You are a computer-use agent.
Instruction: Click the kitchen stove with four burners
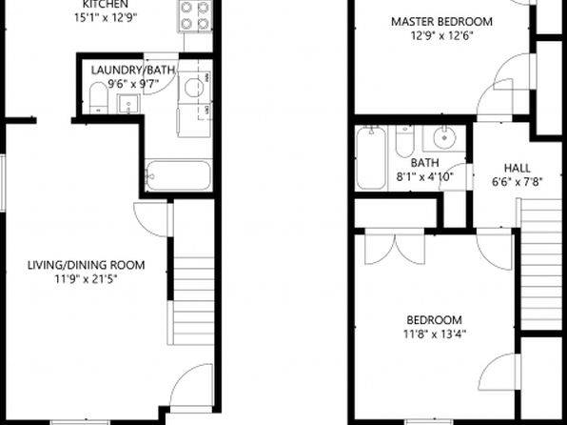(194, 16)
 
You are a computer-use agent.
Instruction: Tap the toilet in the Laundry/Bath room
(98, 98)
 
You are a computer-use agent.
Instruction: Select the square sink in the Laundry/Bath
(128, 104)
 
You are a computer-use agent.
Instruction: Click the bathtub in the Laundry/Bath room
(179, 175)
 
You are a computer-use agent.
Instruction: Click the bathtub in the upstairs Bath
(371, 157)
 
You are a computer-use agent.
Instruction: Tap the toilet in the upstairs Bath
(404, 141)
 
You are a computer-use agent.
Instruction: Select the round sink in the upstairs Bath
(444, 137)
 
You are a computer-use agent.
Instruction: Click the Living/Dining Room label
(86, 265)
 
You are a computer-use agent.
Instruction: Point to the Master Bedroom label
(441, 21)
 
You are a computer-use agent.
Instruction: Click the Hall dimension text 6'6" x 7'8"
(518, 181)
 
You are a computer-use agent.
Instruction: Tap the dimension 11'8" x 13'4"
(435, 334)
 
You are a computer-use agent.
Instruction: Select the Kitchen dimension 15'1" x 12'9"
(106, 18)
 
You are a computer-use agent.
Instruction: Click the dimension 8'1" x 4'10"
(425, 177)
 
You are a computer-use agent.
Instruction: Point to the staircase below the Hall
(541, 264)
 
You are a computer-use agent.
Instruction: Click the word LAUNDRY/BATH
(133, 70)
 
